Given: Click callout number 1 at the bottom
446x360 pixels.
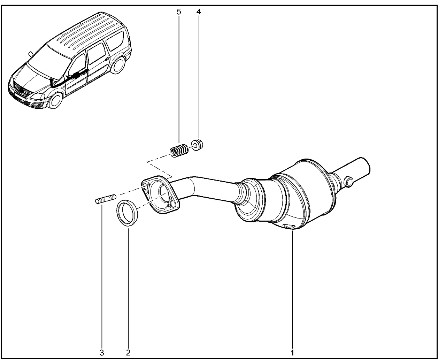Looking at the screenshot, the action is pos(292,353).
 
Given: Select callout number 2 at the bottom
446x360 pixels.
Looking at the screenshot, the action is pos(128,353).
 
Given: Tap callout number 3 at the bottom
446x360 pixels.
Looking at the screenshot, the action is pos(102,353).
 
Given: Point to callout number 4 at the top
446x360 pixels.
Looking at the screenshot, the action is pos(199,12).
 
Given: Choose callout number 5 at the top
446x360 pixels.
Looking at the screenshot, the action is pos(179,12).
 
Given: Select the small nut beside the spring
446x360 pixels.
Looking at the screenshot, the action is pos(197,145).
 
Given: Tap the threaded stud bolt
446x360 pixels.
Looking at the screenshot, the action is pos(106,198).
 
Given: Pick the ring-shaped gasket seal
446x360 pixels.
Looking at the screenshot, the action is pos(127,213).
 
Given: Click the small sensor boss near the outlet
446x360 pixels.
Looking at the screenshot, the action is pos(348,182).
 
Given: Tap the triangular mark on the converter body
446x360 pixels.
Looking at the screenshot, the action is pos(288,226).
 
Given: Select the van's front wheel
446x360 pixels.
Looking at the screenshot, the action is pos(55,100).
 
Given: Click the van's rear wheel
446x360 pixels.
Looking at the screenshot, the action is pos(117,65).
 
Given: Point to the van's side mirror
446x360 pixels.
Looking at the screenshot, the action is pos(31,54).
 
